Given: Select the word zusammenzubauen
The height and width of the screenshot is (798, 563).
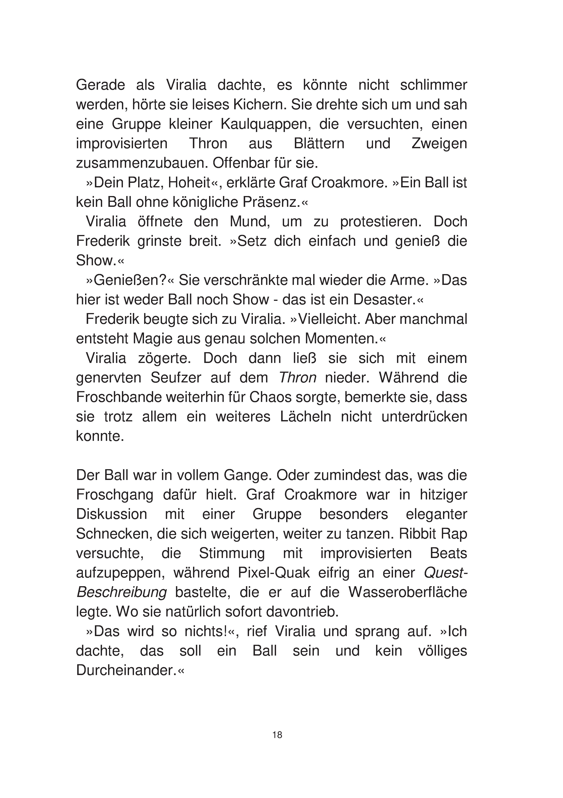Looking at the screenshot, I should pyautogui.click(x=140, y=163).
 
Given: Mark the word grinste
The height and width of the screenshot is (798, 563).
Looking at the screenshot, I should pyautogui.click(x=159, y=241).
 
